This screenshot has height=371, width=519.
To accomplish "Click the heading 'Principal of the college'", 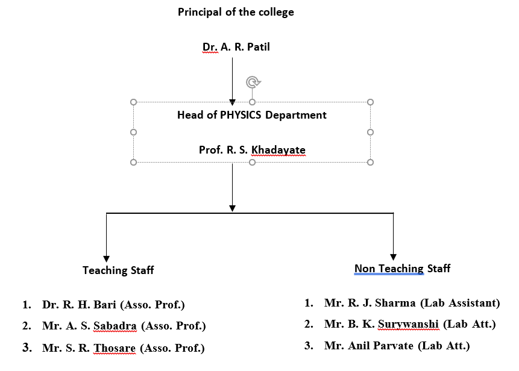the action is pos(236,12).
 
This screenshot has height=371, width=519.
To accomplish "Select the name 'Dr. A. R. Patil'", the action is pos(236,47).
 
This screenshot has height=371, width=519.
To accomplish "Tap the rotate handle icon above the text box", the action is pos(253,82).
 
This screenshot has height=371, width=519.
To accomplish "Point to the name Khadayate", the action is pos(278,150).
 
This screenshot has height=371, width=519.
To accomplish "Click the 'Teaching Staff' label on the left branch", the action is pos(118,270).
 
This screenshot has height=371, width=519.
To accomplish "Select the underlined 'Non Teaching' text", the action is pos(389,269).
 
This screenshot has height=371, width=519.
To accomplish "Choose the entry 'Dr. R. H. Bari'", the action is pos(79,305).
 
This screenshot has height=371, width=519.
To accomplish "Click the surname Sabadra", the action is pos(115,326).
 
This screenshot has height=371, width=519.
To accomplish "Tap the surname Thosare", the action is pos(115,348).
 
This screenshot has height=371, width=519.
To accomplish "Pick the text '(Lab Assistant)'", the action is pos(460,303).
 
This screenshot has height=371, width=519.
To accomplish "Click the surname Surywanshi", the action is pos(409,324).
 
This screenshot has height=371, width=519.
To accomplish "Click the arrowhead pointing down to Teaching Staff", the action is pos(106,258).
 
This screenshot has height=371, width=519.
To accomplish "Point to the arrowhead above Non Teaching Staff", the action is pos(393,257).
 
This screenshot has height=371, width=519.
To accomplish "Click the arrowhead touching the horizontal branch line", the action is pos(232,208).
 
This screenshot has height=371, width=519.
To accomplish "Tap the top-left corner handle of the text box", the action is pos(133,102).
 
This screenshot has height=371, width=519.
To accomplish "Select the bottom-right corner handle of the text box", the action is pos(370,162).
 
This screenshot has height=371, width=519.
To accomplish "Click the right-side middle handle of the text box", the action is pos(370,132).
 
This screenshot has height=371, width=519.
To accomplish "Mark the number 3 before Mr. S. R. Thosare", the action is pos(27,348).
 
